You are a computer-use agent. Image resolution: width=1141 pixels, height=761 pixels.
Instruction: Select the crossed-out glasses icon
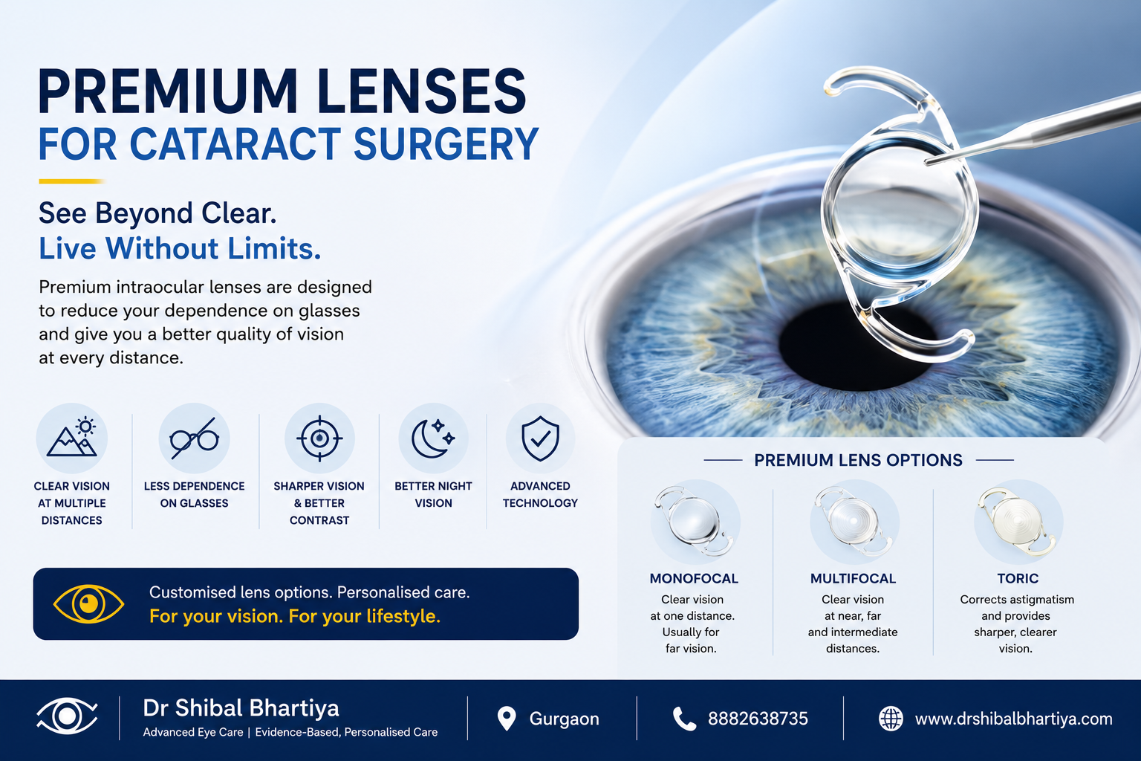click(194, 438)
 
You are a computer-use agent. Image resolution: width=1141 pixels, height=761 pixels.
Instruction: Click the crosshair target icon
click(319, 438)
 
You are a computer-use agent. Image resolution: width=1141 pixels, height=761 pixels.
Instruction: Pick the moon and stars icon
click(433, 438)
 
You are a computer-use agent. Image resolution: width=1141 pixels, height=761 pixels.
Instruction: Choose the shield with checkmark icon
click(540, 438)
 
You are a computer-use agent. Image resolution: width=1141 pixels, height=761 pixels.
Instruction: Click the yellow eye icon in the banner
click(88, 603)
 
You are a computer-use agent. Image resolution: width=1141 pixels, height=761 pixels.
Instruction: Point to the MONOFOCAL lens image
click(695, 521)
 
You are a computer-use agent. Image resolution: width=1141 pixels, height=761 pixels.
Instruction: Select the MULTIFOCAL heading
click(853, 578)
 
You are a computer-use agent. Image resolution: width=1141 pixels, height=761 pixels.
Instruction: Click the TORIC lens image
click(1018, 521)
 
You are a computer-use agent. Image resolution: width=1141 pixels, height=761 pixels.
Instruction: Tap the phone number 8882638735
click(758, 719)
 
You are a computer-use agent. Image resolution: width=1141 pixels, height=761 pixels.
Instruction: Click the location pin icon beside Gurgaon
click(507, 719)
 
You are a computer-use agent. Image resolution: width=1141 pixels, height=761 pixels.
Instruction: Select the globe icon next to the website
click(891, 719)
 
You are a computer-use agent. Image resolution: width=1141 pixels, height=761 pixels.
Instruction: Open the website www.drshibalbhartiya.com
click(1014, 719)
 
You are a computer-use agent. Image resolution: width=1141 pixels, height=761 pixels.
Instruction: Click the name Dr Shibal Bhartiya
click(241, 708)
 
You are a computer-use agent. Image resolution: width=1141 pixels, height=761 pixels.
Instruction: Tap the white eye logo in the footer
click(68, 716)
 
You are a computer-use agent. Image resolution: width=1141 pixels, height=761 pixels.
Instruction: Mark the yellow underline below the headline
click(72, 181)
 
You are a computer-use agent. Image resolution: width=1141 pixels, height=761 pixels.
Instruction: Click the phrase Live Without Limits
click(180, 249)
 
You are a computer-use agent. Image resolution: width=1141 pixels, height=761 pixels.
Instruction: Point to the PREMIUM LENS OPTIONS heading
click(858, 460)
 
